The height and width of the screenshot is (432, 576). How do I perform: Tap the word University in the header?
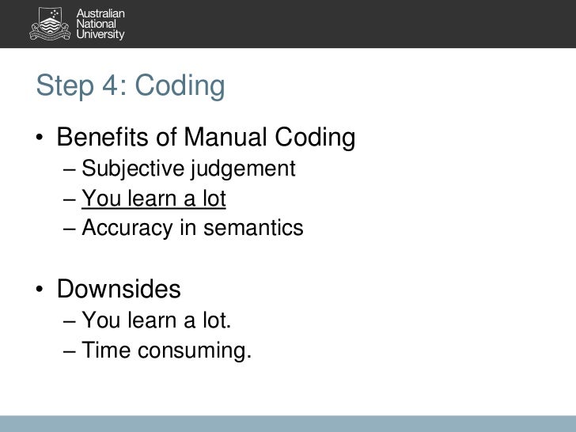[x=102, y=36]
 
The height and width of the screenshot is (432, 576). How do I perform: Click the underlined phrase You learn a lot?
[x=153, y=199]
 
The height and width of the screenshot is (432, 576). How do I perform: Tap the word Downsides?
[x=119, y=290]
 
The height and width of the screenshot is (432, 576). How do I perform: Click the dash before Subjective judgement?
[x=70, y=169]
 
